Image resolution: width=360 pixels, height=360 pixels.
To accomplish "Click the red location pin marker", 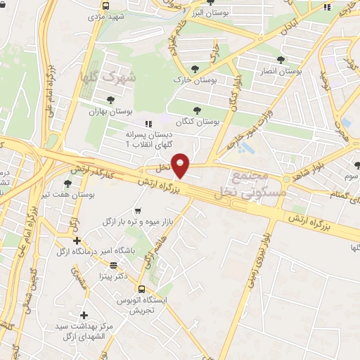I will (x=181, y=166).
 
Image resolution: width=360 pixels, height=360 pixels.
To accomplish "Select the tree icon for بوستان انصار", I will (x=282, y=60).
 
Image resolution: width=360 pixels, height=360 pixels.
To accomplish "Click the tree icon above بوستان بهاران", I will (x=109, y=101).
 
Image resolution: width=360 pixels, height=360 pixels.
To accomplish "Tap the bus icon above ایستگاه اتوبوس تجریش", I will (x=141, y=289).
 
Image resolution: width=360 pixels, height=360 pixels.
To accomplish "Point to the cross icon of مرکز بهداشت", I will (x=85, y=316).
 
